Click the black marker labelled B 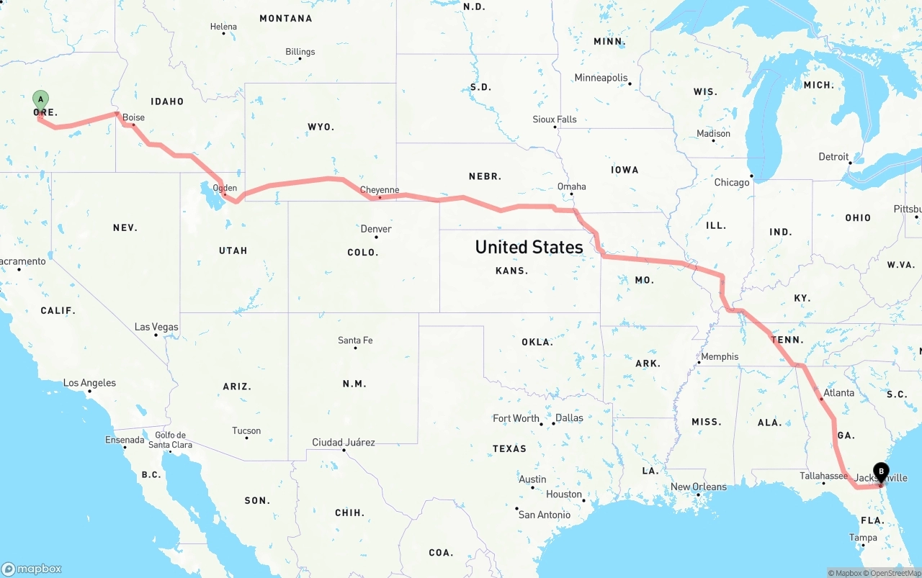[x=881, y=472]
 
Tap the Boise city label [x=133, y=117]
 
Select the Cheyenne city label [x=379, y=190]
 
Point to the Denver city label [x=376, y=229]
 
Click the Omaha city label [x=571, y=186]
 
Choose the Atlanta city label [x=838, y=393]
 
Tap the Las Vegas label [x=156, y=327]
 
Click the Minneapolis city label [x=601, y=78]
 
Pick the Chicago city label [x=731, y=182]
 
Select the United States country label [x=529, y=247]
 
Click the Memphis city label [x=720, y=356]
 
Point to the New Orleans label [x=699, y=487]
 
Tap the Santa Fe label [x=355, y=340]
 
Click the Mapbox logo [x=32, y=569]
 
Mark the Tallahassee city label [x=823, y=476]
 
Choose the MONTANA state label [x=286, y=18]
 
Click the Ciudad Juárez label [x=343, y=442]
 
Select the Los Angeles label [x=89, y=383]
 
